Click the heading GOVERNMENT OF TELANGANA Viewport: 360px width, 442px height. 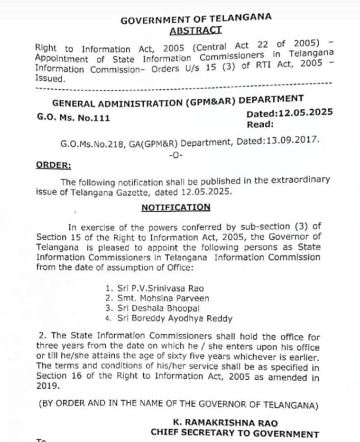196,20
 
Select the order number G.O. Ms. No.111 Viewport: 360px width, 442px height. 73,118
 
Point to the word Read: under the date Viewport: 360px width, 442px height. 260,125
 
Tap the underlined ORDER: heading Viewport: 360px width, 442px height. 53,165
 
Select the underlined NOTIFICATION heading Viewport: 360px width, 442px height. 176,208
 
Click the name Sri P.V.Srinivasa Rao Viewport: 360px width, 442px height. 154,288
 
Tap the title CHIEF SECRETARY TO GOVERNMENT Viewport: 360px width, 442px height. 235,433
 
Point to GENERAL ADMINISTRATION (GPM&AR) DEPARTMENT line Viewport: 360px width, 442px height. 178,101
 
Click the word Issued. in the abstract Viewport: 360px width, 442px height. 49,78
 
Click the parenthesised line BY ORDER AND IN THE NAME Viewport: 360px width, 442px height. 178,405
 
